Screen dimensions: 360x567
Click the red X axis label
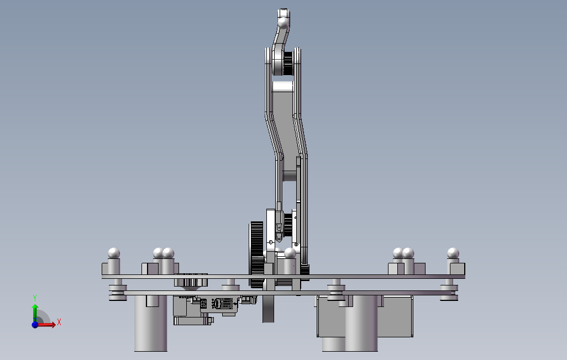click(x=59, y=322)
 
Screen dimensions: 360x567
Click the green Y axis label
click(x=35, y=298)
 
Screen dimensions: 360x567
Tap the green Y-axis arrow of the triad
click(x=35, y=310)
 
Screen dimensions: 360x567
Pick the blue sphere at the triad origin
click(x=35, y=325)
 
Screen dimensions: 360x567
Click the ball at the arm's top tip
click(x=283, y=23)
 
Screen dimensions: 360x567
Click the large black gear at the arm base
click(x=256, y=254)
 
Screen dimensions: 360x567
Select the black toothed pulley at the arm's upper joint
click(x=287, y=63)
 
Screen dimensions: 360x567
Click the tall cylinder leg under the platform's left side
click(x=150, y=326)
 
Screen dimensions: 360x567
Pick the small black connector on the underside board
click(x=247, y=300)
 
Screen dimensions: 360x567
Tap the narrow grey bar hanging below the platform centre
click(x=268, y=309)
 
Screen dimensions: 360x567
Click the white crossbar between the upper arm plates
click(x=283, y=87)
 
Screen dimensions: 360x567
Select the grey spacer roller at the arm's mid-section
click(x=290, y=176)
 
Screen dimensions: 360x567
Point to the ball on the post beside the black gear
click(x=290, y=253)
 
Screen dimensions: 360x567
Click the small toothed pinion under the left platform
click(x=191, y=282)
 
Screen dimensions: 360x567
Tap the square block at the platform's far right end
click(x=458, y=269)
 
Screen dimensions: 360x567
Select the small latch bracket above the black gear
click(x=279, y=223)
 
